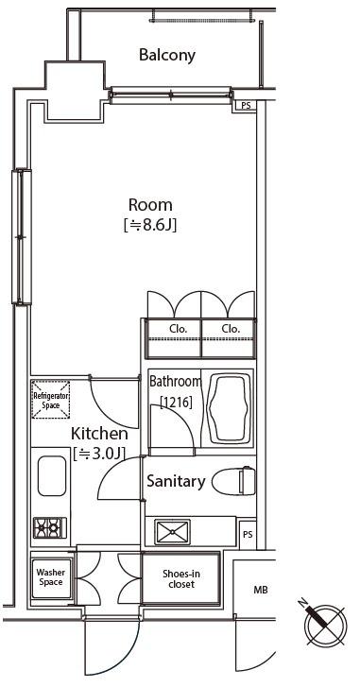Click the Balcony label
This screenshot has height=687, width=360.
tap(167, 55)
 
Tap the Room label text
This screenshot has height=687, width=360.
tap(150, 205)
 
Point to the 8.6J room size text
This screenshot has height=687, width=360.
tap(150, 226)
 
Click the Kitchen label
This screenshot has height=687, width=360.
tap(99, 434)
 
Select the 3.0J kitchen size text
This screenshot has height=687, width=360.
tap(99, 454)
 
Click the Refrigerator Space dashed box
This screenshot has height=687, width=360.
tap(51, 400)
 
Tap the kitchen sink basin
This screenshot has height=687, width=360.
tap(52, 476)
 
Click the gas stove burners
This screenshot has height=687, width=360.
tap(50, 527)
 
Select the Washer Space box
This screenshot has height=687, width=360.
tap(51, 578)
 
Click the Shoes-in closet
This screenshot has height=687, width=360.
tap(180, 578)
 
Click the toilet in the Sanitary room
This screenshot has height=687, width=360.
tap(234, 482)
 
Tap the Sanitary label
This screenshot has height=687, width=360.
tap(176, 481)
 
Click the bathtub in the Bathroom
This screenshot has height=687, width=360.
tap(230, 408)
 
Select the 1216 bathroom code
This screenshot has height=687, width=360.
tap(176, 402)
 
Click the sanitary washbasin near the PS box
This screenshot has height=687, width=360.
tap(172, 532)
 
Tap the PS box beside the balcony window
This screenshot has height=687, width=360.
tap(247, 105)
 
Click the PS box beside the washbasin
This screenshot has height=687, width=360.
tap(248, 535)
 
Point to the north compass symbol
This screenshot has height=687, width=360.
tap(325, 625)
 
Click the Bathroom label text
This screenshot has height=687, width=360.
tap(176, 381)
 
